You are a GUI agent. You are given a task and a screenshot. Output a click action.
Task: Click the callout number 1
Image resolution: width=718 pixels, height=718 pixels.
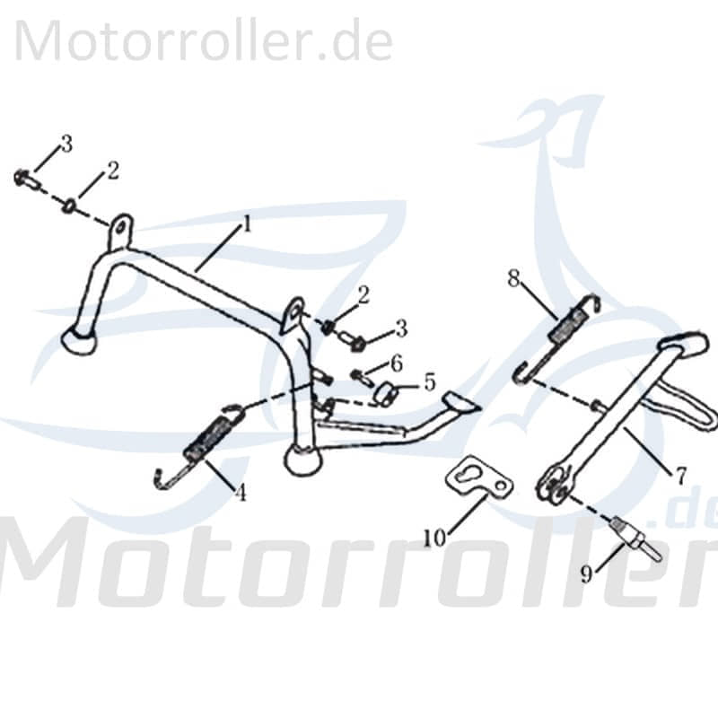[246, 224]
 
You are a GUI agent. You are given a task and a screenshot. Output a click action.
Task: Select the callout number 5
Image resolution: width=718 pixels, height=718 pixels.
[429, 382]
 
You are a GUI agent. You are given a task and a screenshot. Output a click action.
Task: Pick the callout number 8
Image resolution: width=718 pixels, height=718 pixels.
[513, 277]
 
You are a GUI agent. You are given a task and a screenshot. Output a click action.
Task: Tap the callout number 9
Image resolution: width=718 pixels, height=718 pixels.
[586, 574]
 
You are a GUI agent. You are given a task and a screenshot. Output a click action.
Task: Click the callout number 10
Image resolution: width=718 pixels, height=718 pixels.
[434, 538]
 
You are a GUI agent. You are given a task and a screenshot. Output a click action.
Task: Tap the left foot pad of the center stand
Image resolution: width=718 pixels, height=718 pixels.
[79, 342]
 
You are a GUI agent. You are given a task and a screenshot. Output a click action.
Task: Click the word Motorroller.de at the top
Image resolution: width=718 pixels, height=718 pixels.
[204, 42]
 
